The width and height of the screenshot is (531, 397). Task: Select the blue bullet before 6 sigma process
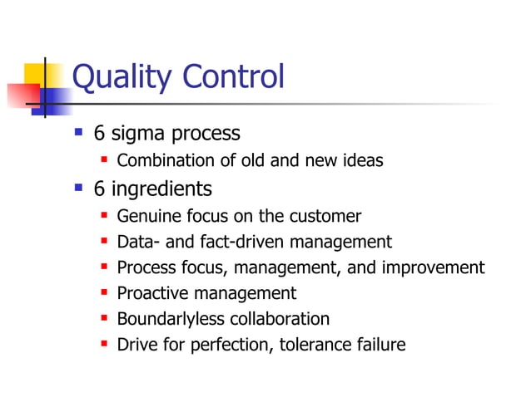[79, 132]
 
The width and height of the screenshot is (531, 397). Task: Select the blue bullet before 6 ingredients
[79, 189]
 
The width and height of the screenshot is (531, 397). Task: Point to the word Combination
[164, 160]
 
